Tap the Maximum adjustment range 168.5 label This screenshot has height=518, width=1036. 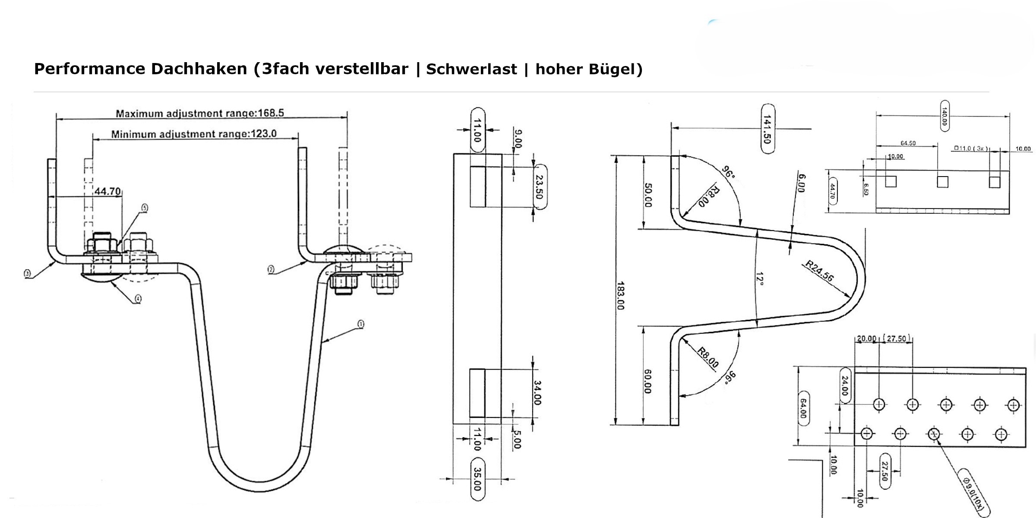click(x=200, y=114)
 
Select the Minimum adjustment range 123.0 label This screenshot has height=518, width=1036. click(x=194, y=134)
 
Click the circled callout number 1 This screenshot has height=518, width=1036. click(x=361, y=324)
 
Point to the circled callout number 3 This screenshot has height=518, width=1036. click(x=27, y=273)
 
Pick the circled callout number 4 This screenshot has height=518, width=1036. click(x=138, y=298)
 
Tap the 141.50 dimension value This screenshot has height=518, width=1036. click(x=767, y=129)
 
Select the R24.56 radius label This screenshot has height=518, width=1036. click(x=819, y=272)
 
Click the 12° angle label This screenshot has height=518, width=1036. click(x=760, y=279)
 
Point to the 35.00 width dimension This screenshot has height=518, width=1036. click(x=477, y=479)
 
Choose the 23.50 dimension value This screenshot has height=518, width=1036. click(x=539, y=186)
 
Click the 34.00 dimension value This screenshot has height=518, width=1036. click(x=537, y=393)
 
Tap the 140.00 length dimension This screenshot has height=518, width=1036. click(x=944, y=116)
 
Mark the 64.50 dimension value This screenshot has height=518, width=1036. click(x=908, y=143)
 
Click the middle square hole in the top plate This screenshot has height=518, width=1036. click(x=942, y=182)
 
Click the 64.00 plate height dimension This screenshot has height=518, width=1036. click(x=803, y=408)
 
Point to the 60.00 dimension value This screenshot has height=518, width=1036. click(x=647, y=382)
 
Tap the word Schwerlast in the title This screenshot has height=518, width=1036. click(x=471, y=69)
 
